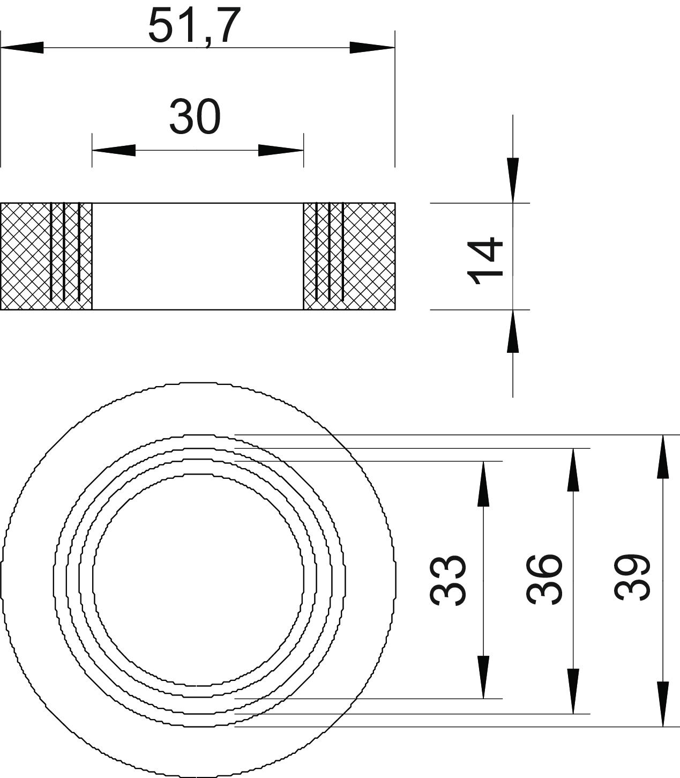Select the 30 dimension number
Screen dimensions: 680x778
tap(195, 117)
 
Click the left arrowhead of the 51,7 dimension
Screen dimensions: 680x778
tap(22, 48)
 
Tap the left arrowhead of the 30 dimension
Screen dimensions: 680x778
tap(114, 150)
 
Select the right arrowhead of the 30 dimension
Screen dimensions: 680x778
tap(281, 150)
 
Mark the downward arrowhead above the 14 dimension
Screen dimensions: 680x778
tap(513, 180)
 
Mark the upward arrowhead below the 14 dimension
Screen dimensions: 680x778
tap(513, 331)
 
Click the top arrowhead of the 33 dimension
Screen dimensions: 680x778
tap(483, 484)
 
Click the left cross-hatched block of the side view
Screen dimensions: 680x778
tap(46, 256)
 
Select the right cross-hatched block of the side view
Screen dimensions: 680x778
tap(349, 256)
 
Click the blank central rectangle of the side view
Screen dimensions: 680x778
tap(198, 256)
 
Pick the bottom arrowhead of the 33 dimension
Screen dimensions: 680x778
tap(483, 677)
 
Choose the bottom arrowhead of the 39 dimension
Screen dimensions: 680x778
tap(663, 705)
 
